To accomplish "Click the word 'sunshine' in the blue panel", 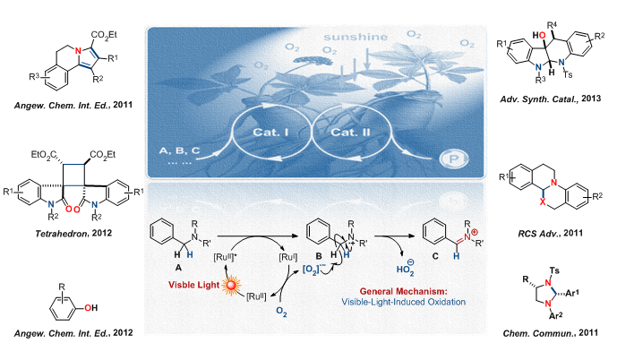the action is click(x=356, y=38).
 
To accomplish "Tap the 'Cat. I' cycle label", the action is click(x=270, y=132).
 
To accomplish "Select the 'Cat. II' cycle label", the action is click(x=350, y=132).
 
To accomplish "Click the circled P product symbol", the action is click(x=453, y=159).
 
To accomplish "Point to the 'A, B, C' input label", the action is click(x=179, y=150).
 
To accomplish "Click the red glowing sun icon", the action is click(x=230, y=285).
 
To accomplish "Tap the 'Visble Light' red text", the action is click(x=193, y=285).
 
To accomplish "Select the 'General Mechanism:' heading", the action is click(x=403, y=292).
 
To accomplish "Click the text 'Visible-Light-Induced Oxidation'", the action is click(x=403, y=302).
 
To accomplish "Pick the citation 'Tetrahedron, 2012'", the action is click(x=73, y=234).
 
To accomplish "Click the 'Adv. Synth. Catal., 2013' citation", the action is click(x=551, y=99).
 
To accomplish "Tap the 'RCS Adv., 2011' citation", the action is click(x=550, y=234).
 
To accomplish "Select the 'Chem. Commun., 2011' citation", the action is click(x=550, y=333).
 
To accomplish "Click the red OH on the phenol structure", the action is click(x=90, y=308).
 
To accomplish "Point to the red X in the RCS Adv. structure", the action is click(x=543, y=201).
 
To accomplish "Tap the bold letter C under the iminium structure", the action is click(x=435, y=256).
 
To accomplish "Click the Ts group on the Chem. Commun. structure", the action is click(x=554, y=270).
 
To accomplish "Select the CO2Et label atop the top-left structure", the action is click(x=104, y=35).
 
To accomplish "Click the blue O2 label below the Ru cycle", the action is click(x=281, y=312).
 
